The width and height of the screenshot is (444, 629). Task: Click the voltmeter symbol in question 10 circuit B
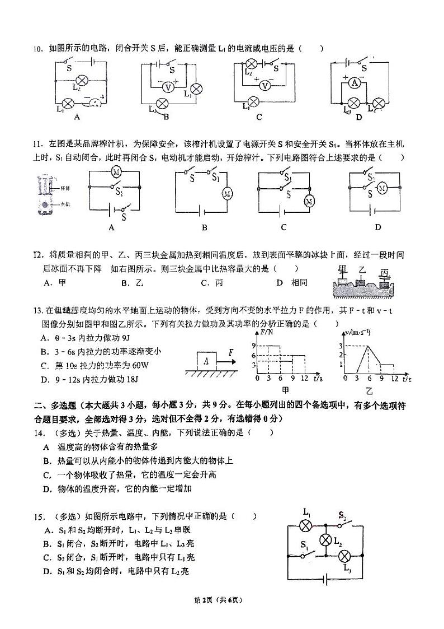tap(166, 87)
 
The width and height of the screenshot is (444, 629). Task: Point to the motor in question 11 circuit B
tap(228, 194)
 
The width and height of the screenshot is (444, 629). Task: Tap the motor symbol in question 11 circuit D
tap(382, 188)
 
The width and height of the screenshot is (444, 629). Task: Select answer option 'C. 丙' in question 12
tap(212, 283)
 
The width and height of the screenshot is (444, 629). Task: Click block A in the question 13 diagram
tap(206, 362)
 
